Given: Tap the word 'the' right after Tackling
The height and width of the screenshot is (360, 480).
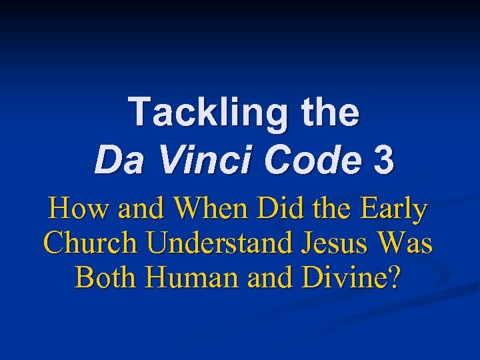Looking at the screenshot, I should (x=328, y=111).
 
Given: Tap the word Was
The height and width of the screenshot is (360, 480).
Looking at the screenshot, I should (x=405, y=243).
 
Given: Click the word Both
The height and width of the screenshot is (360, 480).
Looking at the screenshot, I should (x=106, y=276).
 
